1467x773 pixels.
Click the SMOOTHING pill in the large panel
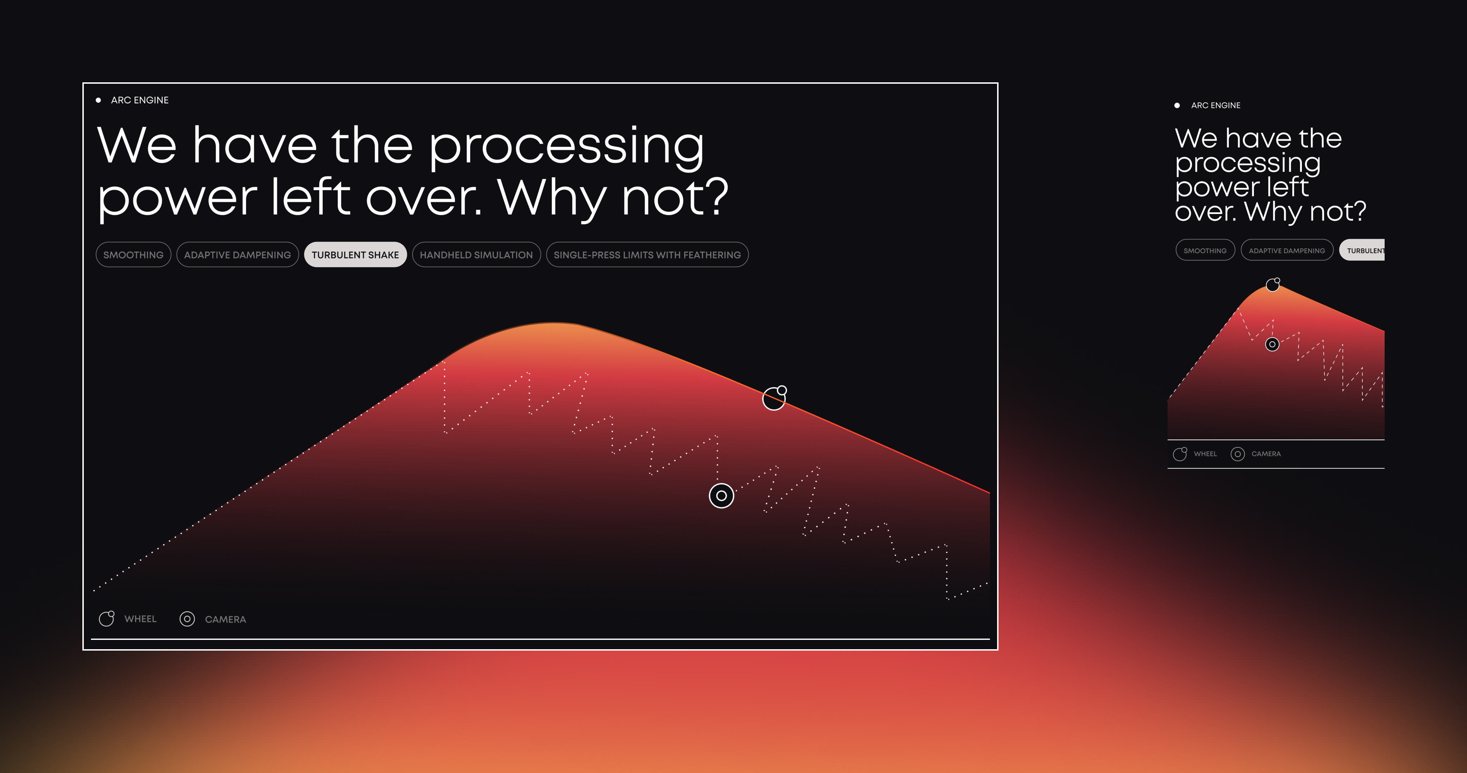click(x=133, y=254)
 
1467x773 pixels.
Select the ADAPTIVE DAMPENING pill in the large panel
click(x=237, y=254)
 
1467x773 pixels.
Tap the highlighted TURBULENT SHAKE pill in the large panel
click(x=355, y=254)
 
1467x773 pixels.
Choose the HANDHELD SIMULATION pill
click(x=476, y=254)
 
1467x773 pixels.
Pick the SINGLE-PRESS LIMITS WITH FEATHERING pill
click(x=647, y=254)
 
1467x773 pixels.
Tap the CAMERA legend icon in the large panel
click(x=187, y=619)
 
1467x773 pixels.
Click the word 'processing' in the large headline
click(x=566, y=147)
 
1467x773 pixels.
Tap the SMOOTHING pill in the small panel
click(x=1205, y=251)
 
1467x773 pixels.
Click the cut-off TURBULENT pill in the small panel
click(x=1362, y=251)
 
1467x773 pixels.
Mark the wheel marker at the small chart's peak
click(x=1273, y=285)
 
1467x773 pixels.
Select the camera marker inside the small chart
click(x=1272, y=344)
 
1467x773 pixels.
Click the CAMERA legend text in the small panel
click(x=1266, y=454)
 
